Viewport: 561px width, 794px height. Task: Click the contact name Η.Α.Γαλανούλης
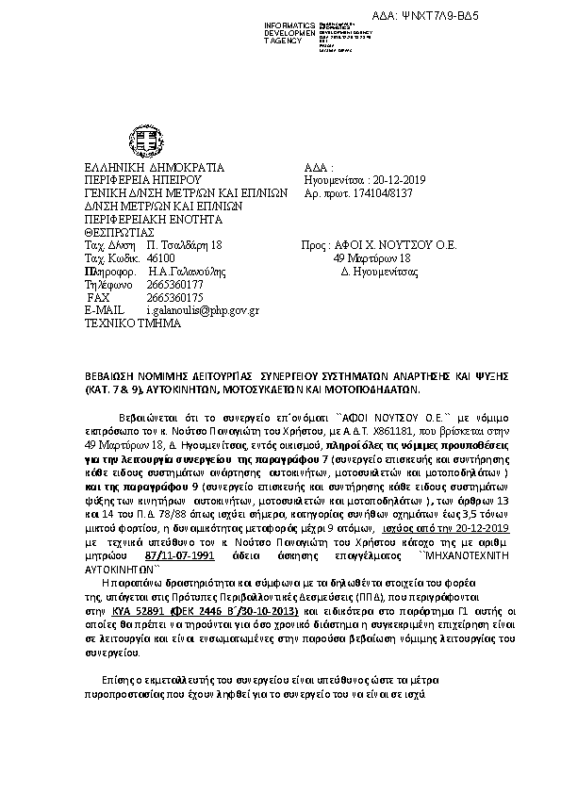coord(187,270)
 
